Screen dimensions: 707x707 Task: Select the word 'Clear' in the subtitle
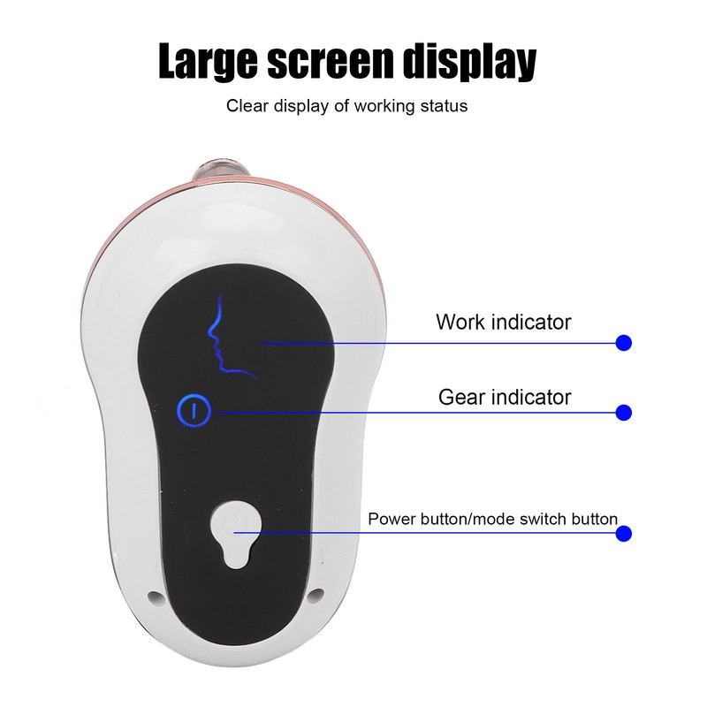point(247,106)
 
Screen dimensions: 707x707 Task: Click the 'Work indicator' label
point(503,322)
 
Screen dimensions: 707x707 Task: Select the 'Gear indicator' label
point(505,397)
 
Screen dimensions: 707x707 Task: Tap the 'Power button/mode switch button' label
point(492,519)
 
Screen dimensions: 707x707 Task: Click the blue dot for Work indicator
point(624,343)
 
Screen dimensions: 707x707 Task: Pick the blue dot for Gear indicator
point(624,412)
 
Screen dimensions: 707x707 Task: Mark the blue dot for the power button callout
point(624,534)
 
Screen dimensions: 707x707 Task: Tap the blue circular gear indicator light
point(194,411)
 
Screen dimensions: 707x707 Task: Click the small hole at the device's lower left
point(156,597)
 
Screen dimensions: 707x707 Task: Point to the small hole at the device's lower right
point(317,595)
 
